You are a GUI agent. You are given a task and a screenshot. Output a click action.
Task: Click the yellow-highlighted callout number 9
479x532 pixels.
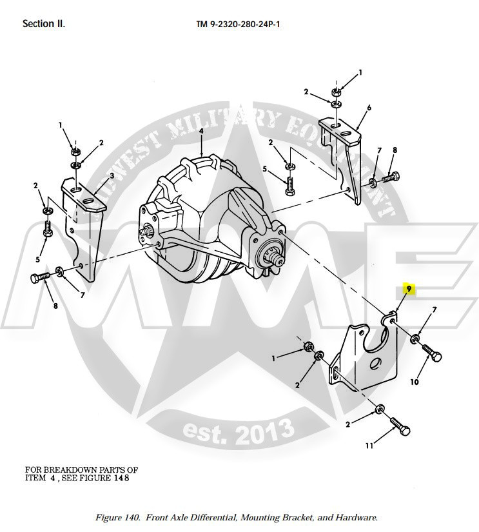pos(408,290)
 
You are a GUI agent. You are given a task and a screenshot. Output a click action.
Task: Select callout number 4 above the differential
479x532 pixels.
pos(201,131)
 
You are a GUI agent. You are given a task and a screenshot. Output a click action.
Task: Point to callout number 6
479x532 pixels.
pos(369,107)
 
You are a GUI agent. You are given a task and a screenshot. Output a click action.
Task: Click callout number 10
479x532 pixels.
pos(414,382)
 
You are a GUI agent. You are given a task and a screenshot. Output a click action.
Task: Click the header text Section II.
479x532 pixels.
pos(44,24)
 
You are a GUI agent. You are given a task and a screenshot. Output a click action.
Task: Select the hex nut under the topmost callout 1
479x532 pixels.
pos(337,92)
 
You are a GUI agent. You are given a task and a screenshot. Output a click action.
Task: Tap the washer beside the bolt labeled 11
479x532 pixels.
pos(380,409)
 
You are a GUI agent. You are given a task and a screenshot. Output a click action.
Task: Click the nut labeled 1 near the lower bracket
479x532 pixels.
pos(308,349)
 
